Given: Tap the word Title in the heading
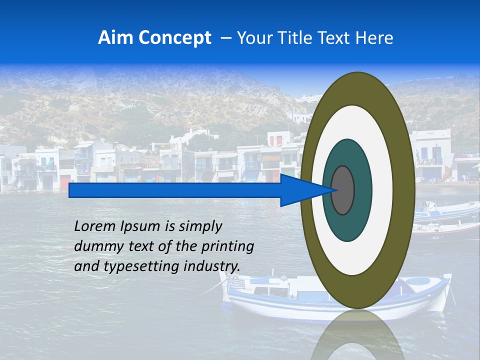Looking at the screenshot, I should pyautogui.click(x=301, y=37).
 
